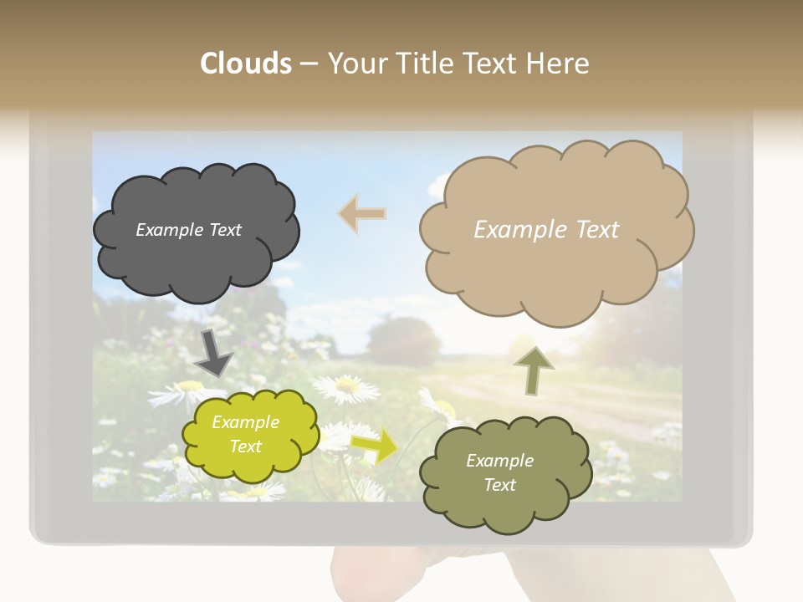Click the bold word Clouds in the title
(x=246, y=64)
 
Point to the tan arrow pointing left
(x=361, y=213)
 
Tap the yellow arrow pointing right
(x=374, y=446)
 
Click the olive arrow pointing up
(x=534, y=370)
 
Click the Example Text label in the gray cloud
(x=188, y=230)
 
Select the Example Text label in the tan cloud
(x=546, y=230)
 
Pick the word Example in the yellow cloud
(x=245, y=422)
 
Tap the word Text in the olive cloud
(x=499, y=485)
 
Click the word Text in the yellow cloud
(x=245, y=446)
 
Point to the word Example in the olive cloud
(x=499, y=461)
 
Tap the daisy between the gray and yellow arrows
(x=345, y=386)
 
